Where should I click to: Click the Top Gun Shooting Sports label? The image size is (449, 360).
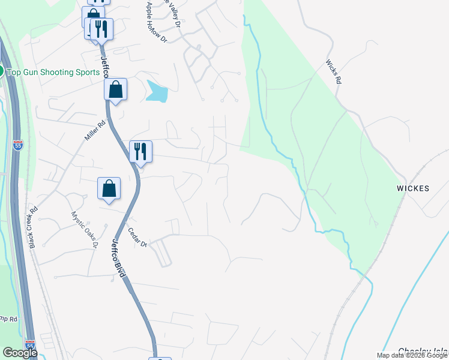(x=53, y=72)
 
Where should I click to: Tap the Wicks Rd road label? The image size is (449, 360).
(x=334, y=71)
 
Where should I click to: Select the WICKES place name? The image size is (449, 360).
(x=413, y=188)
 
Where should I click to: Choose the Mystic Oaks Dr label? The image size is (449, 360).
(x=84, y=229)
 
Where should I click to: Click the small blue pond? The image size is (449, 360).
(x=157, y=92)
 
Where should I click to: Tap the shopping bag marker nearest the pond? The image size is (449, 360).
(x=115, y=90)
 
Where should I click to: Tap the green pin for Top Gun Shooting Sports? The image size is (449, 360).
(x=1, y=71)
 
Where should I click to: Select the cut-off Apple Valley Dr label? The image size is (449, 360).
(x=170, y=13)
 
